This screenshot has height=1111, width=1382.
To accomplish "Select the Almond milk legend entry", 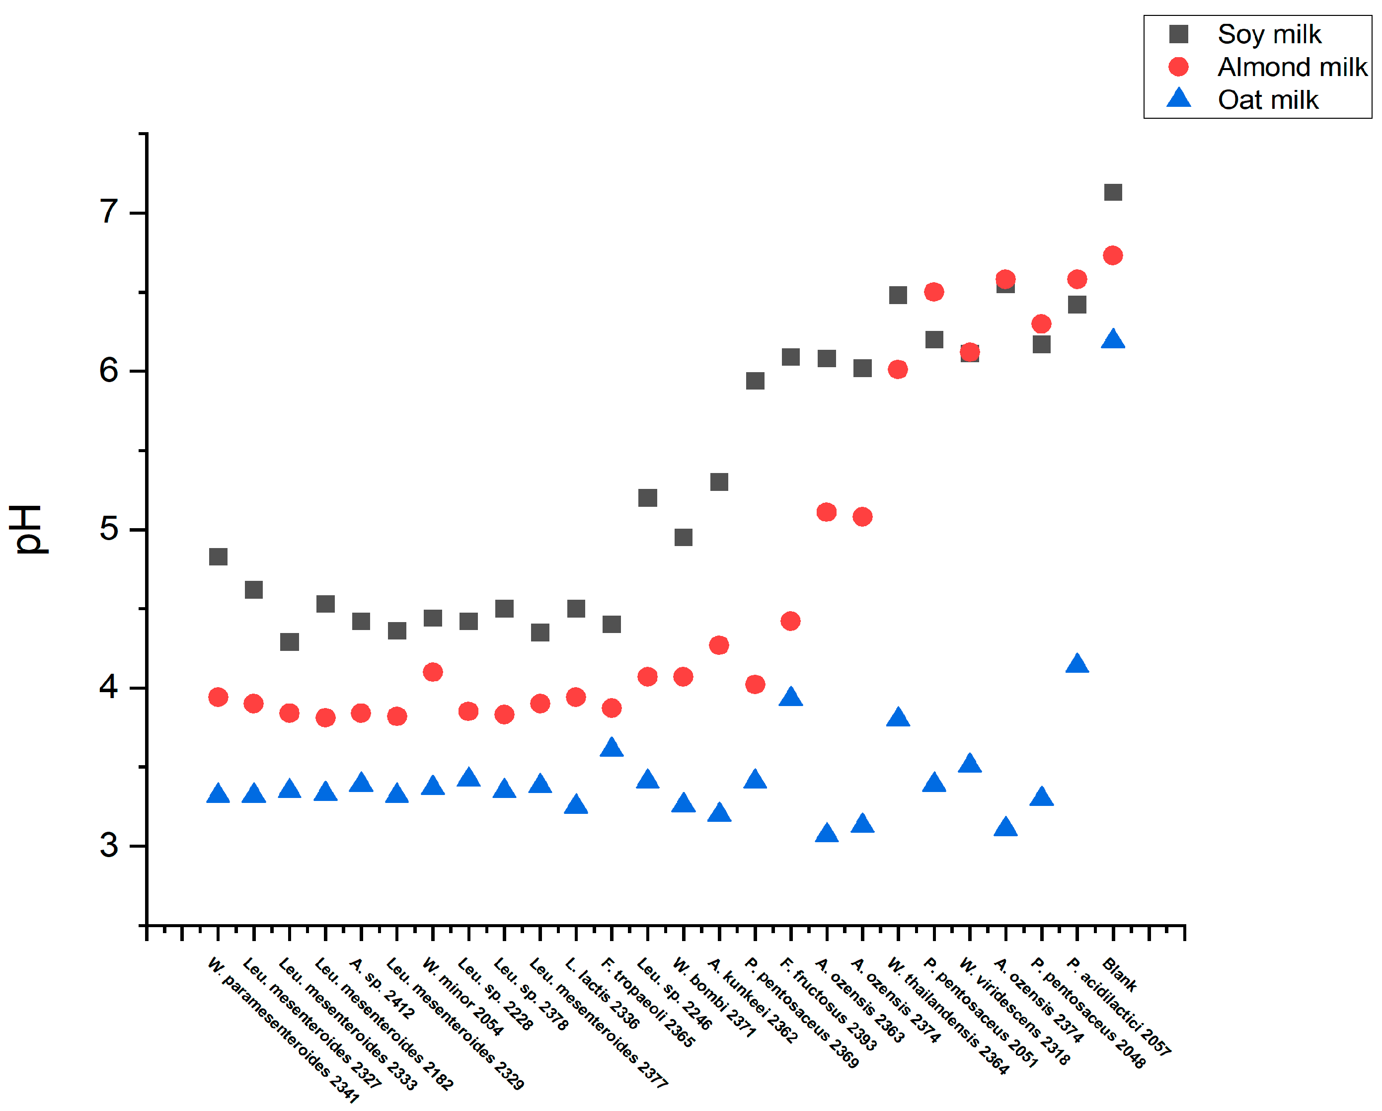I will (1291, 67).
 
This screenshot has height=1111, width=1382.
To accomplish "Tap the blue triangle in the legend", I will (1178, 99).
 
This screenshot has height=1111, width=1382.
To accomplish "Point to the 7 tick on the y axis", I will (109, 212).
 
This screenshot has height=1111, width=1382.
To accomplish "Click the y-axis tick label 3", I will (109, 846).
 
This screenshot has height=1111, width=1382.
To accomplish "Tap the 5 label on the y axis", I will (109, 529).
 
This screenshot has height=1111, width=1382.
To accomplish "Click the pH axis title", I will (27, 529).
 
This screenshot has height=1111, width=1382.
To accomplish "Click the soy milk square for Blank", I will (1113, 192).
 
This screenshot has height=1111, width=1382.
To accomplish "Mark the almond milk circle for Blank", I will (1113, 255).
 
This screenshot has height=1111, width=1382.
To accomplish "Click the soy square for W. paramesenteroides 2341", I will (218, 556).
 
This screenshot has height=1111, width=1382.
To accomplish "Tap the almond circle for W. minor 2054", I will (433, 672).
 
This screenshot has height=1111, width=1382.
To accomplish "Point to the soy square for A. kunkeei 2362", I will (719, 481).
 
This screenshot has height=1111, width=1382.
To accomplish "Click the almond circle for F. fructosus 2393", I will (790, 621).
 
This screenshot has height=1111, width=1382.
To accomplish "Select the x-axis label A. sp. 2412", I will (382, 988).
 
